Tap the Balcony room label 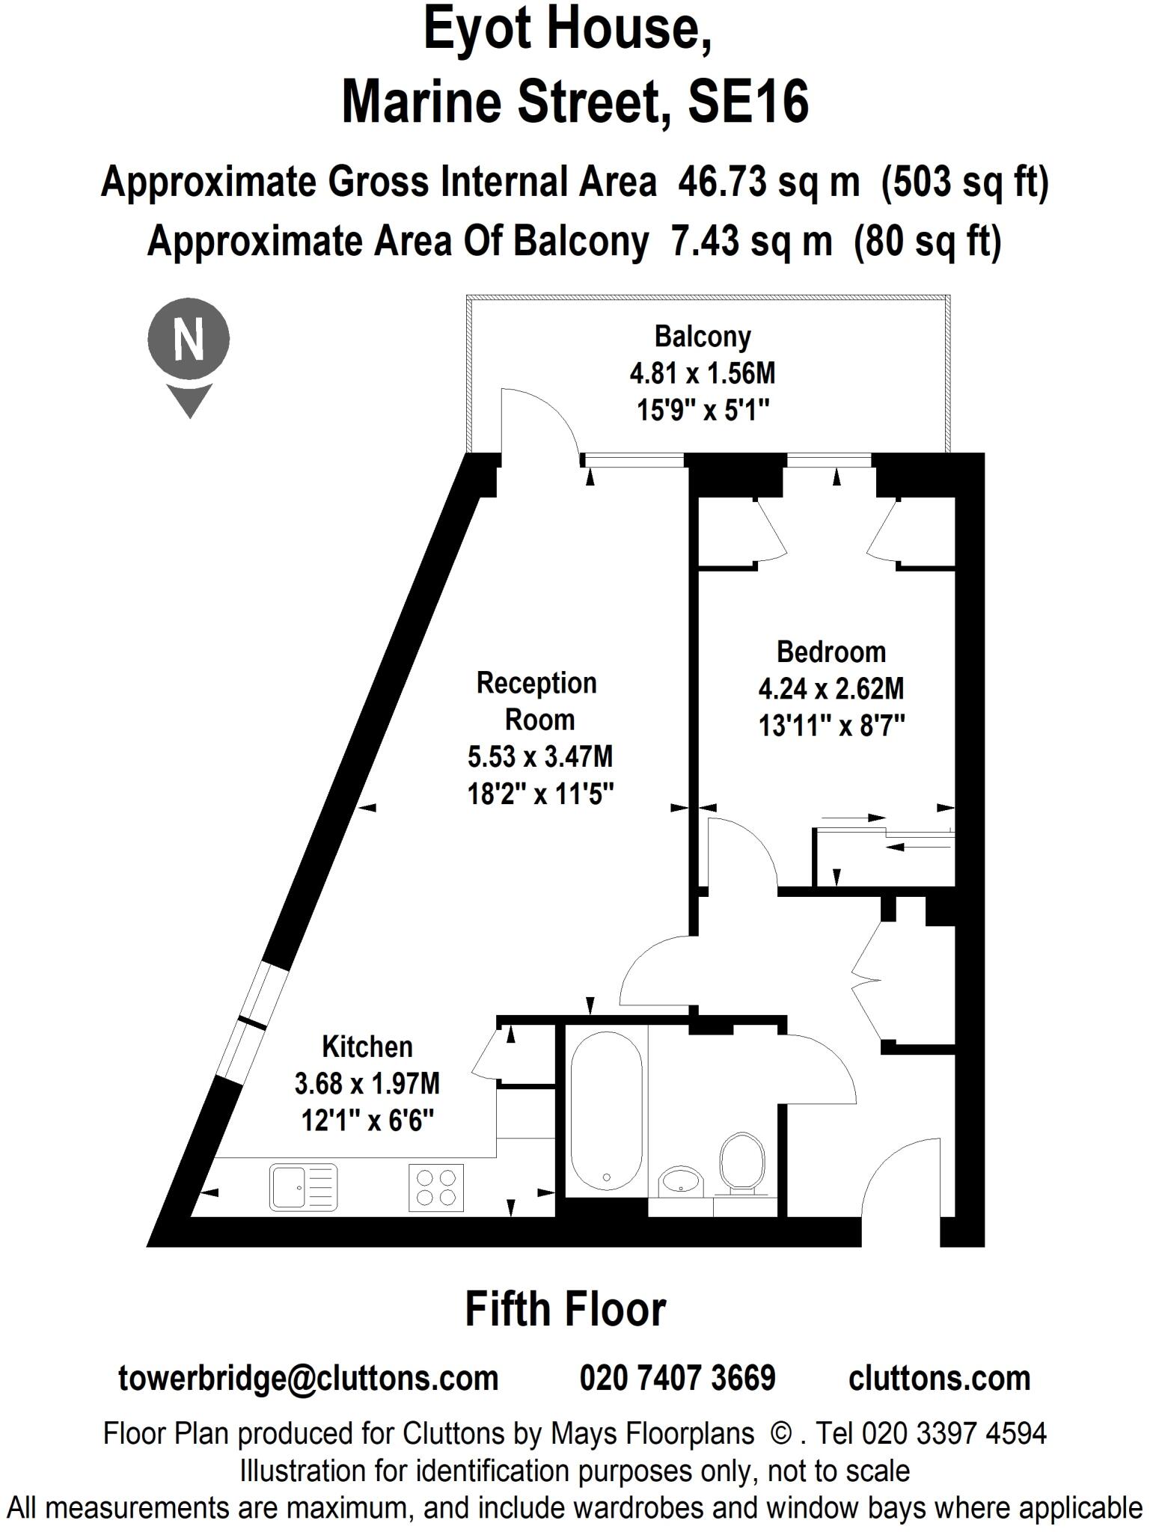pos(702,337)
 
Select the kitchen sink pos(302,1187)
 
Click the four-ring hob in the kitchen pos(435,1187)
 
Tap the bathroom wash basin pos(680,1183)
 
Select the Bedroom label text pos(831,652)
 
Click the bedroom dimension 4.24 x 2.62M pos(831,688)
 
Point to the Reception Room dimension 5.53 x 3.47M pos(539,756)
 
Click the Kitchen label pos(367,1047)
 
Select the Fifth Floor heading pos(565,1309)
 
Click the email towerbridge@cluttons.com pos(308,1378)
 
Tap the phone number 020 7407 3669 pos(677,1378)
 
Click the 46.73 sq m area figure pos(768,183)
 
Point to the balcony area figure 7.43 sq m pos(751,241)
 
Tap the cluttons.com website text pos(939,1378)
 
